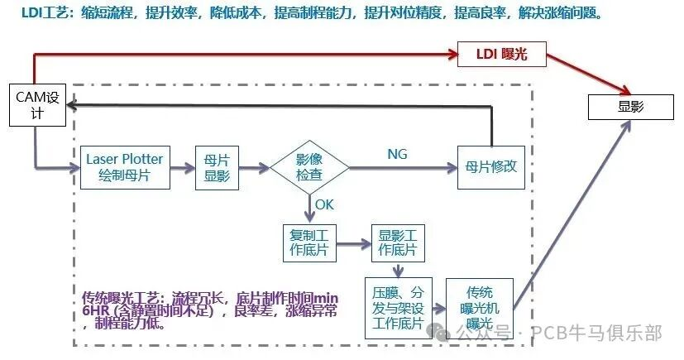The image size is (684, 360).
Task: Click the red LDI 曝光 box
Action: pyautogui.click(x=505, y=55)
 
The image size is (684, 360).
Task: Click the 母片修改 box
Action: pyautogui.click(x=492, y=166)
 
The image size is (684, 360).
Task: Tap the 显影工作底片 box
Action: pyautogui.click(x=398, y=241)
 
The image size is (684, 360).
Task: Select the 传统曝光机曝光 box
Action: pyautogui.click(x=479, y=307)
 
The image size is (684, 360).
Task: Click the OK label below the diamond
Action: pyautogui.click(x=325, y=204)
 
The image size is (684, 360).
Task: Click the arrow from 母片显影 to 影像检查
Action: pyautogui.click(x=255, y=167)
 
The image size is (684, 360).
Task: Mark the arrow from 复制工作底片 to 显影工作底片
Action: pyautogui.click(x=353, y=245)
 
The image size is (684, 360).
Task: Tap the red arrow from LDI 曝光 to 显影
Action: pyautogui.click(x=589, y=74)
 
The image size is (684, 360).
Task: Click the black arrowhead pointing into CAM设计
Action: pyautogui.click(x=72, y=104)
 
